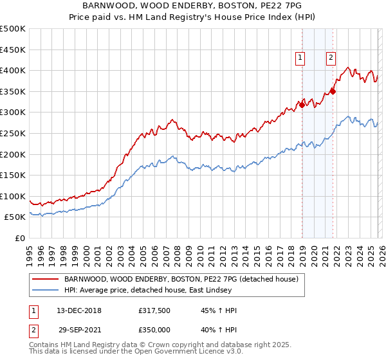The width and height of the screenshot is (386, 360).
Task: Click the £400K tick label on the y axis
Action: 13,70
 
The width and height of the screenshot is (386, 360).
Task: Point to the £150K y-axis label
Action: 13,175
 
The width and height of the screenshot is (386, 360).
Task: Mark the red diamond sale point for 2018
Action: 302,105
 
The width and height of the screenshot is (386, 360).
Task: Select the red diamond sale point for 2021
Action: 333,91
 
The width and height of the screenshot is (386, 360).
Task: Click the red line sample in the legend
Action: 46,280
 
